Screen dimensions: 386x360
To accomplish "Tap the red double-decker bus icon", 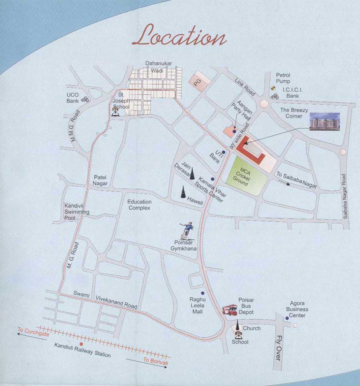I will click(x=230, y=310).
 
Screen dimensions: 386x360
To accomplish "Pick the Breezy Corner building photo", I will click(x=325, y=121).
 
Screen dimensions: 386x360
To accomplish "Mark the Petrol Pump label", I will click(x=283, y=78).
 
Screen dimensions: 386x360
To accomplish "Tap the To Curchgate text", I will click(x=33, y=332).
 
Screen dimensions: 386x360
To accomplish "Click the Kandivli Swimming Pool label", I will click(x=77, y=212).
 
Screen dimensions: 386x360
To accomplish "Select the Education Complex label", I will click(x=139, y=205).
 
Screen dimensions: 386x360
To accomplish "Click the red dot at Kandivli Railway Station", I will click(x=81, y=344).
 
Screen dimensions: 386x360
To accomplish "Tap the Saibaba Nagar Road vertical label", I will click(x=345, y=196).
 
